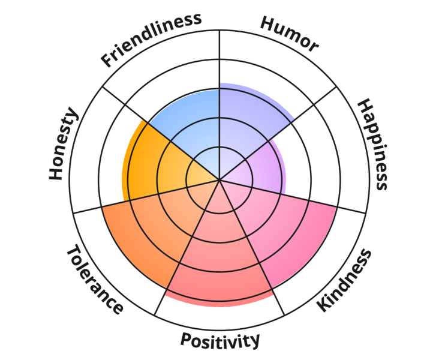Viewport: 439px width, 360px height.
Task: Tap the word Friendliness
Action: point(151,40)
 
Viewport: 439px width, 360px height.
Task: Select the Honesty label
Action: point(64,144)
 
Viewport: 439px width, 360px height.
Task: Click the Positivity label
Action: point(220,341)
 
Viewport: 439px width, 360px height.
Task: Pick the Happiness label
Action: point(373,144)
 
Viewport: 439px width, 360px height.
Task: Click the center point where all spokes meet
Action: point(220,179)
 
